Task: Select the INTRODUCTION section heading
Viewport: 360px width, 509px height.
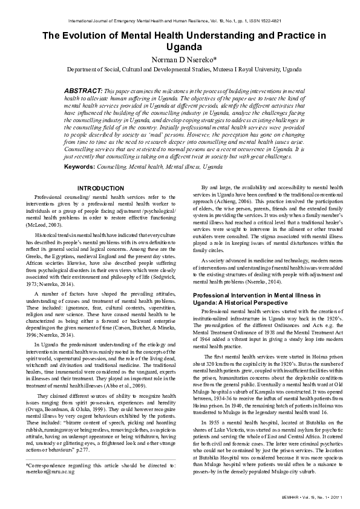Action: tap(100, 189)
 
